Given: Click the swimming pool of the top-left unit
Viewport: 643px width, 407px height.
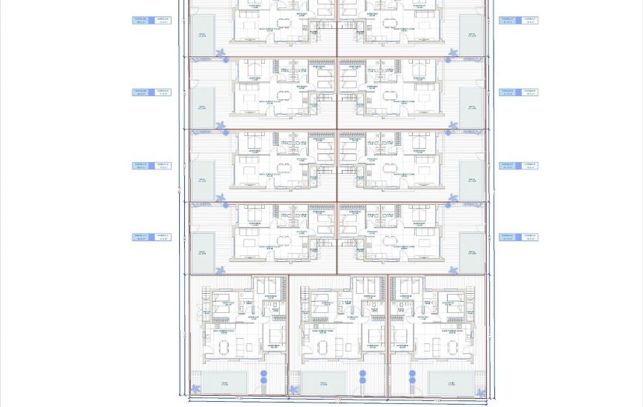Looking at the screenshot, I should tap(202, 34).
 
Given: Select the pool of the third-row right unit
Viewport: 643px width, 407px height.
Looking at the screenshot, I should tap(471, 178).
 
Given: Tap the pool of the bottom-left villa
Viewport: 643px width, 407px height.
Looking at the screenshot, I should tap(224, 383).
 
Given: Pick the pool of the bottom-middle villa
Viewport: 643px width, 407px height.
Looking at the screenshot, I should tap(323, 383).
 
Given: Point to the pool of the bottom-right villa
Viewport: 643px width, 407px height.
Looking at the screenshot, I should tap(452, 383).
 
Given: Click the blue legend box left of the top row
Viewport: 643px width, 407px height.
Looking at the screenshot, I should tap(151, 20).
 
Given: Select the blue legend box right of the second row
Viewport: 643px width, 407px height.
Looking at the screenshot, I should tap(518, 92).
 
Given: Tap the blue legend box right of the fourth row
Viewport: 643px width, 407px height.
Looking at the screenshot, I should tap(518, 237).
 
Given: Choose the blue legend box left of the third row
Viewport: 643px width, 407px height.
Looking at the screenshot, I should tap(151, 166).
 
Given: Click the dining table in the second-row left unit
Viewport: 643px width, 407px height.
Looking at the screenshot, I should tap(284, 96).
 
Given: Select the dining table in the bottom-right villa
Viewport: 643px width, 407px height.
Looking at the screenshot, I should tap(452, 346).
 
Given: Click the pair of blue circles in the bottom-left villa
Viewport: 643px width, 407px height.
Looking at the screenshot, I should tap(263, 377).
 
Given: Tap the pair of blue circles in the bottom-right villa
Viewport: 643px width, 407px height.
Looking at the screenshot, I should tap(412, 377).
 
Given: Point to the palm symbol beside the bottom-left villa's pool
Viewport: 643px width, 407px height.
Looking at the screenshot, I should tap(196, 389).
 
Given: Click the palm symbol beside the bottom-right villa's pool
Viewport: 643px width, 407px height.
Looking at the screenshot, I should tap(480, 392).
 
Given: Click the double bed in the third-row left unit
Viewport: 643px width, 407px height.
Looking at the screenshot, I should tap(252, 141).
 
